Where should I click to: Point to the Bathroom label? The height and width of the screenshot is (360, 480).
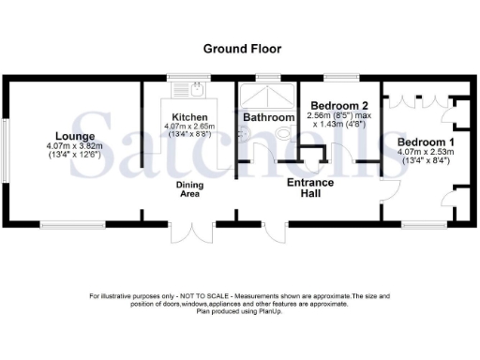[268, 117]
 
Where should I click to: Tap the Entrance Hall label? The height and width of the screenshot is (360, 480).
[309, 189]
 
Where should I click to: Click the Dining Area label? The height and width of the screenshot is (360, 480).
[190, 190]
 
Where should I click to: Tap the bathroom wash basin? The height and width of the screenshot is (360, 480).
[246, 132]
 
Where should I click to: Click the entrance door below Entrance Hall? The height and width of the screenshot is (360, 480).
[270, 234]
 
